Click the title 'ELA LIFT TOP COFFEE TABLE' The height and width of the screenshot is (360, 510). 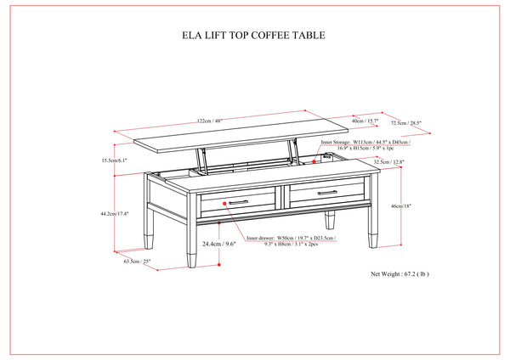255,37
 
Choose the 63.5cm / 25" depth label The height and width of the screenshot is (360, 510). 136,261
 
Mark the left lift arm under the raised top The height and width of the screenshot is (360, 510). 201,159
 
